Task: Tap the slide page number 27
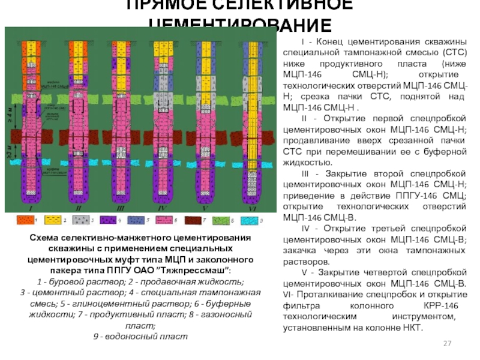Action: point(446,343)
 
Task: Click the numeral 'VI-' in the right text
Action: point(289,295)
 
